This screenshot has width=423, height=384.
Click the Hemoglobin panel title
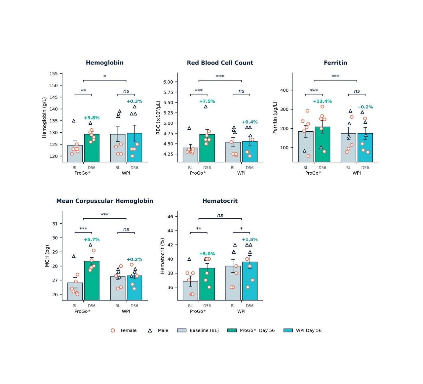click(x=104, y=63)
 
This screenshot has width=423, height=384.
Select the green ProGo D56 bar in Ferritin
click(x=323, y=145)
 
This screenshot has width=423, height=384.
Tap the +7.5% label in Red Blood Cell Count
click(x=207, y=101)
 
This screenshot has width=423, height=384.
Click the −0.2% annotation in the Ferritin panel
click(x=365, y=107)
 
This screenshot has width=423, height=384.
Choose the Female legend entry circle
click(x=113, y=330)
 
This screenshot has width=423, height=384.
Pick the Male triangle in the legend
click(x=150, y=330)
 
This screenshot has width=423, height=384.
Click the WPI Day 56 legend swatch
click(x=288, y=330)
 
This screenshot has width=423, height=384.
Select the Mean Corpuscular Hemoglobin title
click(x=104, y=201)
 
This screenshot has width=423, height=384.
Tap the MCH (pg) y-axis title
click(x=47, y=256)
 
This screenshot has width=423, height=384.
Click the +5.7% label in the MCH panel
click(x=92, y=239)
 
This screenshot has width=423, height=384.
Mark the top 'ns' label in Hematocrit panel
click(x=220, y=215)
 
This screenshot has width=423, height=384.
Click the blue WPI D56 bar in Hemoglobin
click(x=134, y=148)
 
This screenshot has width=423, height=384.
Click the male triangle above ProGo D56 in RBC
click(x=206, y=107)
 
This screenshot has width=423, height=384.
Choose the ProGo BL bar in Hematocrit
click(x=190, y=291)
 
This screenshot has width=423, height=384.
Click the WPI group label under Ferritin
click(x=357, y=173)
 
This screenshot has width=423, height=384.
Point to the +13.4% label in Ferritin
click(x=322, y=101)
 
